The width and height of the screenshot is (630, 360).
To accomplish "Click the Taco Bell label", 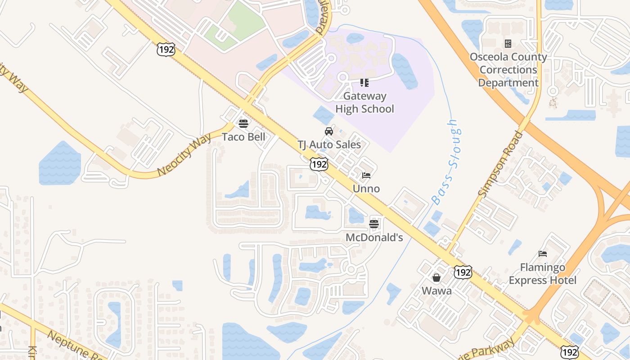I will [x=243, y=137].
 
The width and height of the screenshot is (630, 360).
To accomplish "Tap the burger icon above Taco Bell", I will [x=243, y=123].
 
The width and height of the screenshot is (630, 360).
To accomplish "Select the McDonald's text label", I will [x=374, y=237].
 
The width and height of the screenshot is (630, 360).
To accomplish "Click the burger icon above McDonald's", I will [x=374, y=224].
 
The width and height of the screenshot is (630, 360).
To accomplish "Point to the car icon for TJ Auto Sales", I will [x=329, y=131].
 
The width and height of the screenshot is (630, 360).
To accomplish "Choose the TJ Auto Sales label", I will [x=329, y=144].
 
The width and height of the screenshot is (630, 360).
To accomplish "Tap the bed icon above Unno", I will [x=366, y=175].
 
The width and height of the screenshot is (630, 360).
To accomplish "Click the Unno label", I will [x=366, y=189].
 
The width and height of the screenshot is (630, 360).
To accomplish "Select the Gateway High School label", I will [x=364, y=103].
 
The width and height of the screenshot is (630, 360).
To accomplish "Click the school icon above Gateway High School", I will [x=364, y=83].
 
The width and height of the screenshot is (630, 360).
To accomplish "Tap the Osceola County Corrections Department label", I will [x=508, y=70].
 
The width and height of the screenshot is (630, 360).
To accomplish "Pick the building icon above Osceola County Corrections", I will [x=508, y=44].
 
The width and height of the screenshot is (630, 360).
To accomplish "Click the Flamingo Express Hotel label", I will [x=542, y=274].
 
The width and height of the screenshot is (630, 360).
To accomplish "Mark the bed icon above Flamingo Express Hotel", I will [x=543, y=254].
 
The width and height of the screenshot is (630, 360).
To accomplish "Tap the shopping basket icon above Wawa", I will [x=436, y=278].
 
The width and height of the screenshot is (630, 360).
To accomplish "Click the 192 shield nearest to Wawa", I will [x=463, y=272].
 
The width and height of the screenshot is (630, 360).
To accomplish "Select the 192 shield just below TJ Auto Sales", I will [x=319, y=164].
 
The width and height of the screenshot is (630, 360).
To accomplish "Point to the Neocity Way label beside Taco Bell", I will [x=184, y=154].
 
